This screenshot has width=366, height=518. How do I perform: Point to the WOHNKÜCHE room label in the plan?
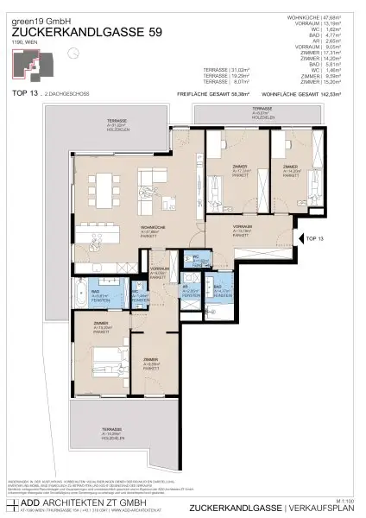point(130,231)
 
